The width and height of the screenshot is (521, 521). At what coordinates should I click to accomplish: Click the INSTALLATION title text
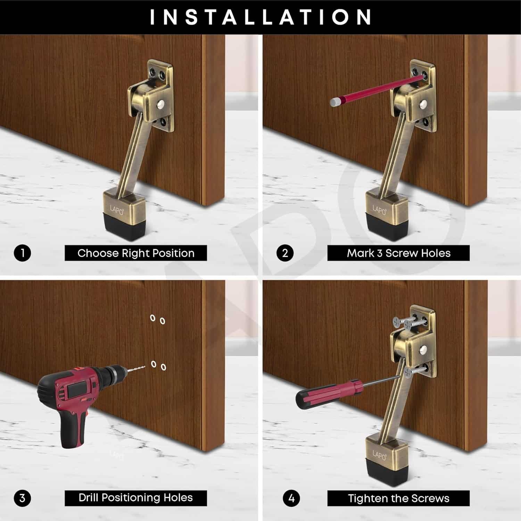(x=260, y=17)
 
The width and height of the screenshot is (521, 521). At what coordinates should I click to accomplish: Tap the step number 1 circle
(x=23, y=253)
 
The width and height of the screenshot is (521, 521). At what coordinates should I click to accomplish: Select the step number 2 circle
(x=285, y=253)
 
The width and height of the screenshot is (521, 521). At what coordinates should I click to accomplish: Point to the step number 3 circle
(x=23, y=498)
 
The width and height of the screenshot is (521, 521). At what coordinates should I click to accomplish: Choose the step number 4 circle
(x=291, y=498)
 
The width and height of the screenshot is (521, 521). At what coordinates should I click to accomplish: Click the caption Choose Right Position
(x=136, y=253)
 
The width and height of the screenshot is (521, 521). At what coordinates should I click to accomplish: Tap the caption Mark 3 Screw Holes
(x=398, y=253)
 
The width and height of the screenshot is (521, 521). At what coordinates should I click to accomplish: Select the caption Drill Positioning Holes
(x=136, y=498)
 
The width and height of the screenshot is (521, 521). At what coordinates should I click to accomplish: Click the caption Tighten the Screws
(x=398, y=498)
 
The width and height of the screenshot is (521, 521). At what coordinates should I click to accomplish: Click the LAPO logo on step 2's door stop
(x=379, y=210)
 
